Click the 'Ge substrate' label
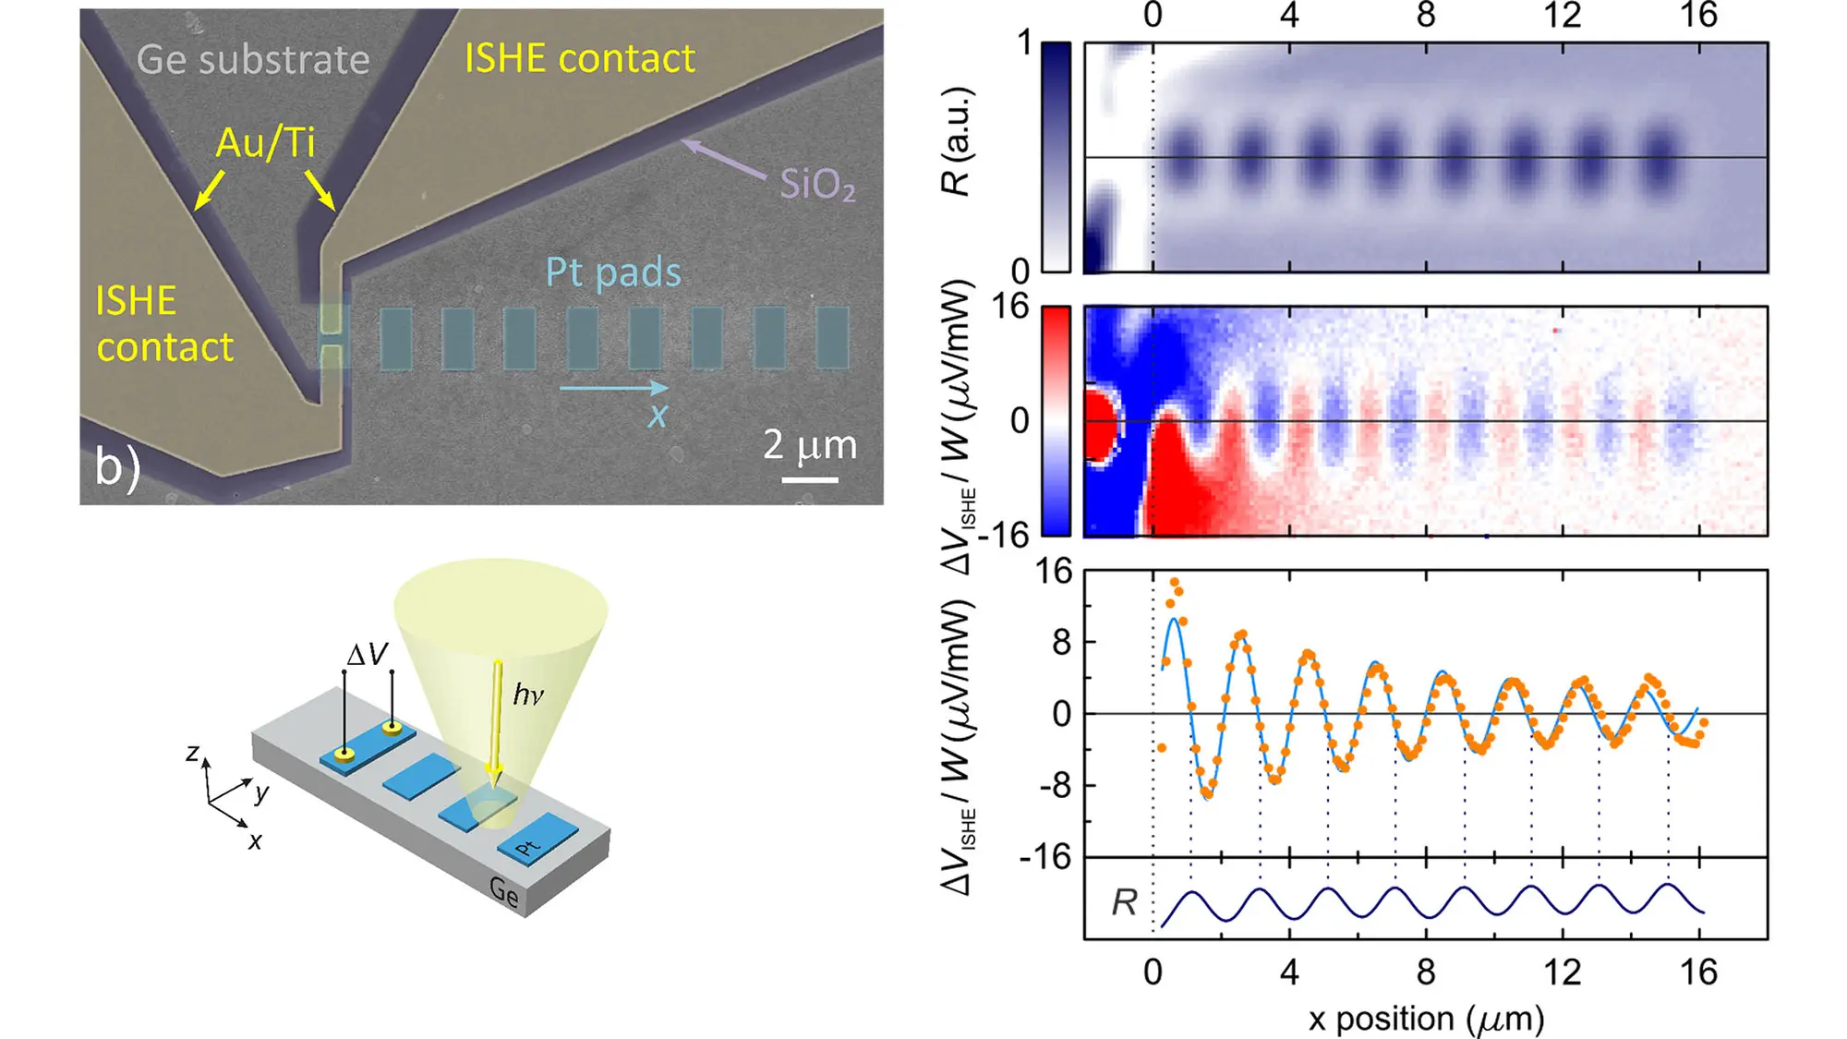[x=252, y=60]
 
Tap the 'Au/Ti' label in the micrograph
[x=265, y=143]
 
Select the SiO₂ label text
[x=817, y=185]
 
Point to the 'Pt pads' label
[x=613, y=272]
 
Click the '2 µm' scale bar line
[x=810, y=479]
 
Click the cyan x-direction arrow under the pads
[x=613, y=388]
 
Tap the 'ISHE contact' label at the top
[x=579, y=59]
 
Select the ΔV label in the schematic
[x=367, y=655]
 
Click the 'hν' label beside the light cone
[x=528, y=694]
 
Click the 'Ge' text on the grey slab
[x=504, y=892]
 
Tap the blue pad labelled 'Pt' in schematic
[x=537, y=839]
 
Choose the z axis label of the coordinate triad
[x=192, y=753]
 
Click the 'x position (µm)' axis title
[x=1426, y=1019]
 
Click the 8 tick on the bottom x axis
[x=1426, y=972]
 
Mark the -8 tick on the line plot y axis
[x=1055, y=786]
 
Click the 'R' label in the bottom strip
[x=1124, y=902]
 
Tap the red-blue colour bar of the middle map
[x=1056, y=421]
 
